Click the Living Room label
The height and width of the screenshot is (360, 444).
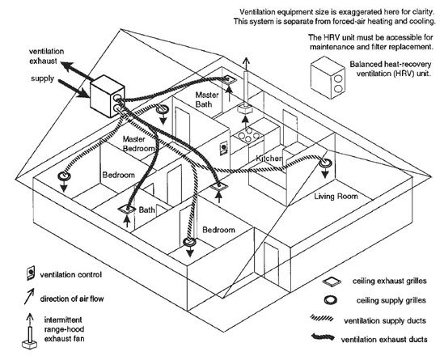click(x=336, y=196)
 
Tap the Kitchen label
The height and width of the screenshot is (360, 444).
click(x=269, y=159)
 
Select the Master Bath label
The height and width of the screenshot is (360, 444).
click(x=207, y=100)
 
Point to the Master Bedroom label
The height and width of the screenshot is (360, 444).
click(x=139, y=144)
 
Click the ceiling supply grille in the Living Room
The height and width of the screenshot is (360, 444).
click(x=325, y=163)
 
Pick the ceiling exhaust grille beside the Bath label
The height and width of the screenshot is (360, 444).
click(x=127, y=209)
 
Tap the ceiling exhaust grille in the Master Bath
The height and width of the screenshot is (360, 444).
click(x=229, y=80)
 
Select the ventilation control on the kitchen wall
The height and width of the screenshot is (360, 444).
click(x=224, y=147)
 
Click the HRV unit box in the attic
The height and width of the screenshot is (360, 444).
click(x=108, y=96)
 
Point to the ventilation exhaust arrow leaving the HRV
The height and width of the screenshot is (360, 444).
click(x=77, y=71)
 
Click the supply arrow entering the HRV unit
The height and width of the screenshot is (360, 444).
click(x=74, y=88)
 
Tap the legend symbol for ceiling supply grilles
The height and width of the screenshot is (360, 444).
click(x=330, y=300)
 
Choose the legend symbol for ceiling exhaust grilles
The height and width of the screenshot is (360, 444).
click(x=332, y=281)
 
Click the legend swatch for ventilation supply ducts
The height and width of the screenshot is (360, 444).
click(x=322, y=318)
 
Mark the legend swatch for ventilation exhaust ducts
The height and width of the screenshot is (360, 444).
click(x=323, y=337)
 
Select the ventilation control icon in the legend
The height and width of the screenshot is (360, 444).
click(x=31, y=273)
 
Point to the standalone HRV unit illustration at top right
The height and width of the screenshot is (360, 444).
click(x=328, y=78)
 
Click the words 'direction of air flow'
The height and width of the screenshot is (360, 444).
click(x=72, y=299)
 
